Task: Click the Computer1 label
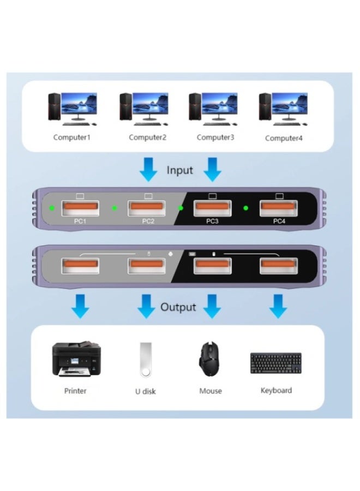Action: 71,137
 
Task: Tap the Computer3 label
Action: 215,137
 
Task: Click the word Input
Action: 180,170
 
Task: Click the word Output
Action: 178,307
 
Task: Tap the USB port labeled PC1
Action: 80,208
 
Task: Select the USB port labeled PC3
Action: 213,208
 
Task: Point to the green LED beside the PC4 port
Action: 246,208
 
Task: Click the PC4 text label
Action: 279,221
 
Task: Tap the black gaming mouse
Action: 210,359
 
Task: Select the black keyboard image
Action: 276,363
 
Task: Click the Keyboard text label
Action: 276,391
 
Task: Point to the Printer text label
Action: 75,391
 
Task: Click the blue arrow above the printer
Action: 81,307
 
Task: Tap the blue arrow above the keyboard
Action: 278,307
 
